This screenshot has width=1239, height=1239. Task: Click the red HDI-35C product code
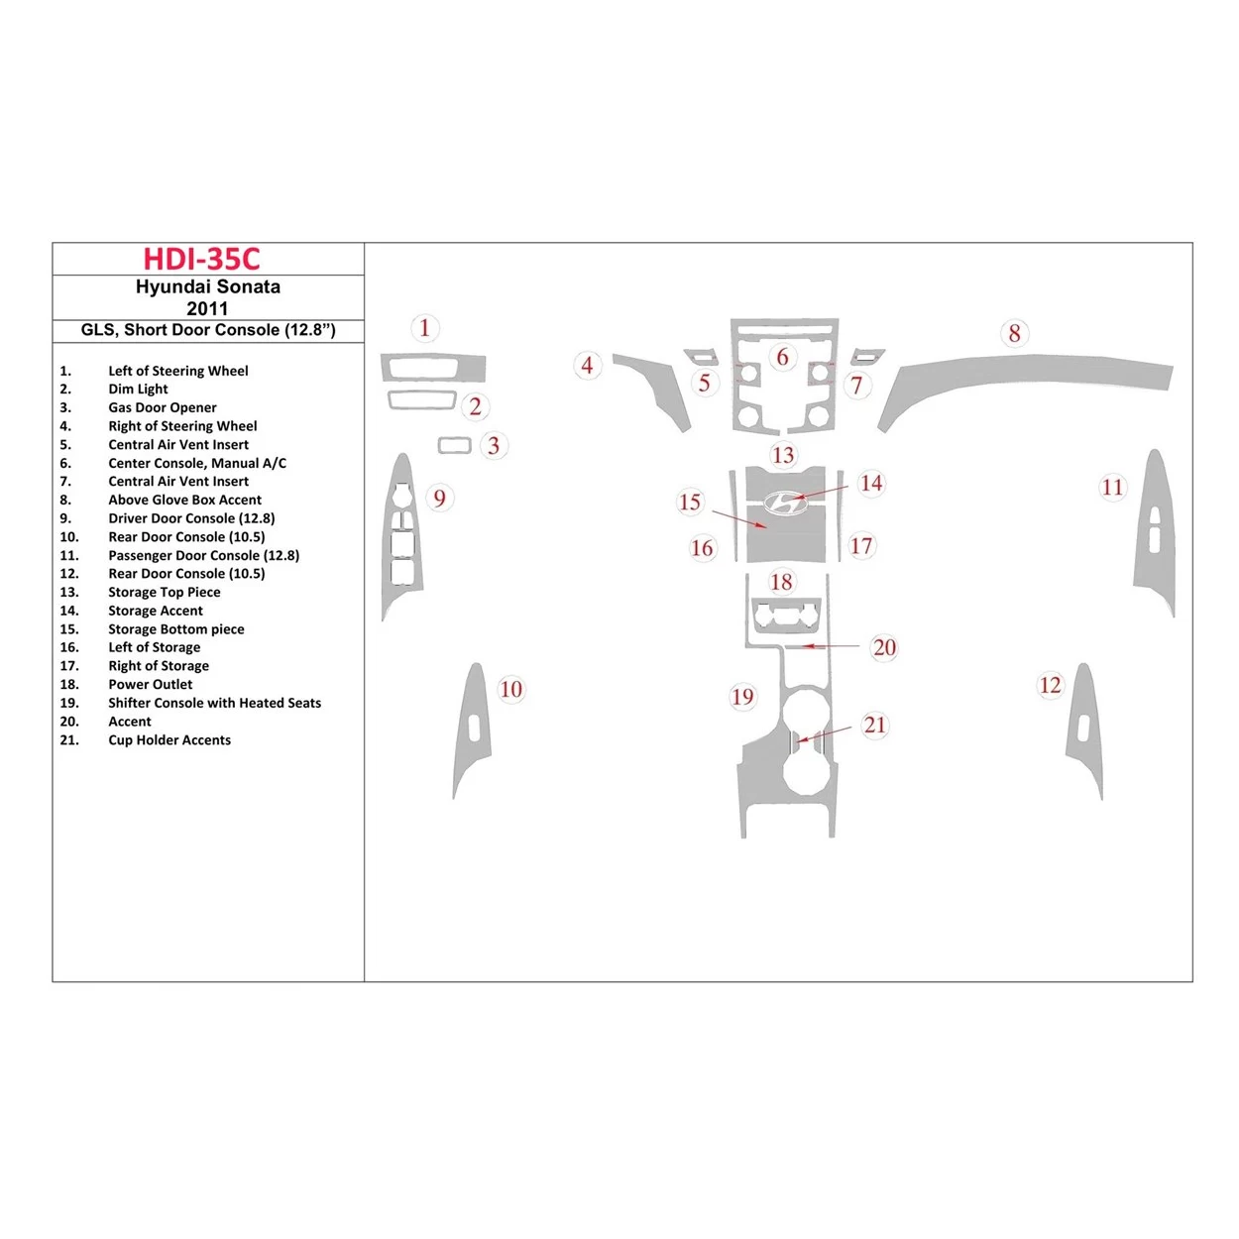tap(201, 259)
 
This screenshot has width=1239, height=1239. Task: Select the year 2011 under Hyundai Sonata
tap(207, 308)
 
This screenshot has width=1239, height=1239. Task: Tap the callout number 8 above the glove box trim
tap(1014, 333)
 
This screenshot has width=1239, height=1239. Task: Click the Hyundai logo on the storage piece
tap(785, 504)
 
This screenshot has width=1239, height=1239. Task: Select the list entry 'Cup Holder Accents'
tap(169, 740)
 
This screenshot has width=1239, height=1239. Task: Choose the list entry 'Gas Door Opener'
tap(162, 407)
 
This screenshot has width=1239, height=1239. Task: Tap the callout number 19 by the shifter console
tap(742, 697)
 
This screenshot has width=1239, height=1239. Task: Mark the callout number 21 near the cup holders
tap(874, 725)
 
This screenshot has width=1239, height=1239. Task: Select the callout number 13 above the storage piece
tap(783, 455)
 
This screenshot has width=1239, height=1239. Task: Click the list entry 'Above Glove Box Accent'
tap(184, 500)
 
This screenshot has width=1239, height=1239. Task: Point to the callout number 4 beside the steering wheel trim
tap(587, 365)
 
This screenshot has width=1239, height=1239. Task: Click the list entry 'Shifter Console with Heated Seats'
tap(214, 703)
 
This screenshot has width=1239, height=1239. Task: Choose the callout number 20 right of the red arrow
tap(884, 647)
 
